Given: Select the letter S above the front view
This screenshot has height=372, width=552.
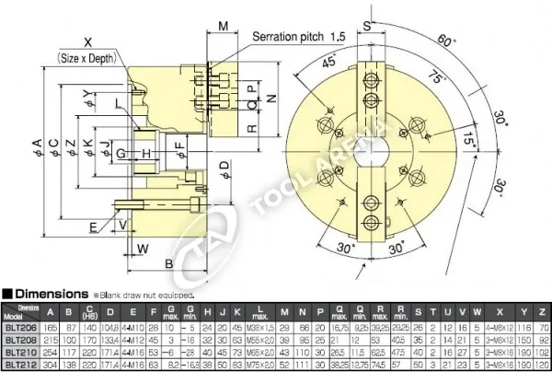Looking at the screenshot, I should (366, 26).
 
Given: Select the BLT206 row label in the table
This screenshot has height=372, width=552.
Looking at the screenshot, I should (20, 326).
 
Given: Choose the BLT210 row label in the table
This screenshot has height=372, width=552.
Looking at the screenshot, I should (20, 351).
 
